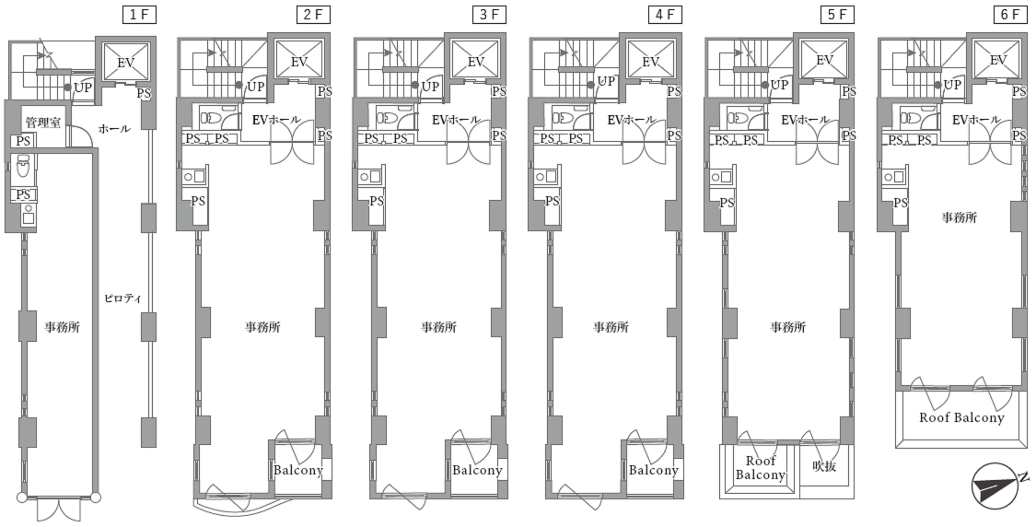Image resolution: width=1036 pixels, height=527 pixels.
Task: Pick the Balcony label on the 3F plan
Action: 477,470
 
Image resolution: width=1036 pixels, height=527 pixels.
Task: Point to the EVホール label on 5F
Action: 805,120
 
